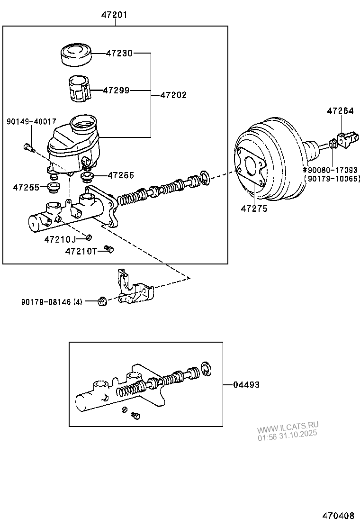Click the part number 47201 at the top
(114, 15)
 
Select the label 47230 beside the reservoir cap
(119, 54)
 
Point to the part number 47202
(173, 95)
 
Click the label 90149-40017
(31, 122)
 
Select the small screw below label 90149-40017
(28, 148)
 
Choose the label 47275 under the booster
(254, 208)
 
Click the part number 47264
(340, 111)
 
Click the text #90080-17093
(331, 170)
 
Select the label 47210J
(60, 239)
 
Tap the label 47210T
(81, 251)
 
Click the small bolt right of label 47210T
(109, 248)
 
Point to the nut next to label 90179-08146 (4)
(101, 301)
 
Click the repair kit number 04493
(246, 385)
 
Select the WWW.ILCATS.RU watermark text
(288, 426)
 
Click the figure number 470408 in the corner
(339, 515)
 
